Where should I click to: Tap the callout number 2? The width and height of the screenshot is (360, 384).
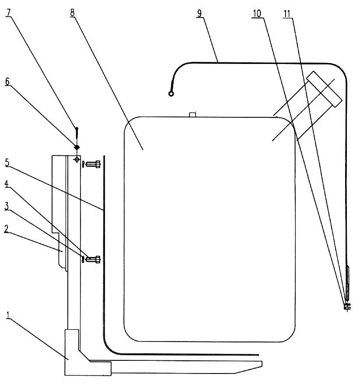[7, 229]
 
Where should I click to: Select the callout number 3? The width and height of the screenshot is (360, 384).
[7, 206]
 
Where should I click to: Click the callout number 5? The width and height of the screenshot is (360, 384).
[7, 162]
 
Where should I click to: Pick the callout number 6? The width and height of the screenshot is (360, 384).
[7, 81]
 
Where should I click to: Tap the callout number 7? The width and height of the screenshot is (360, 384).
[8, 13]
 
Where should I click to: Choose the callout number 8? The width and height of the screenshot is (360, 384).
[72, 13]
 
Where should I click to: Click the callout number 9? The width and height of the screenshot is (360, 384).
[199, 13]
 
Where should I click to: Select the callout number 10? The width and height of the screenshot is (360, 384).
[257, 14]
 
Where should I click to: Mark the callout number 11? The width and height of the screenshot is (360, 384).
[287, 14]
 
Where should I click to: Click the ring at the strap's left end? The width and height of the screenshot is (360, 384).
[171, 94]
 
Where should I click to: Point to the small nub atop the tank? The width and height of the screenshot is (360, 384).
[193, 114]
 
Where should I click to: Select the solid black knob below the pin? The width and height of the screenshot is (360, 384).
[77, 147]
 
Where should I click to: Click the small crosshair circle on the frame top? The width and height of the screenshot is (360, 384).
[77, 159]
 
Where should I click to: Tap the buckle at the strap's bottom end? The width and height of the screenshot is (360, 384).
[347, 306]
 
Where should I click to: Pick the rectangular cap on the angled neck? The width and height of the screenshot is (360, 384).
[324, 89]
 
